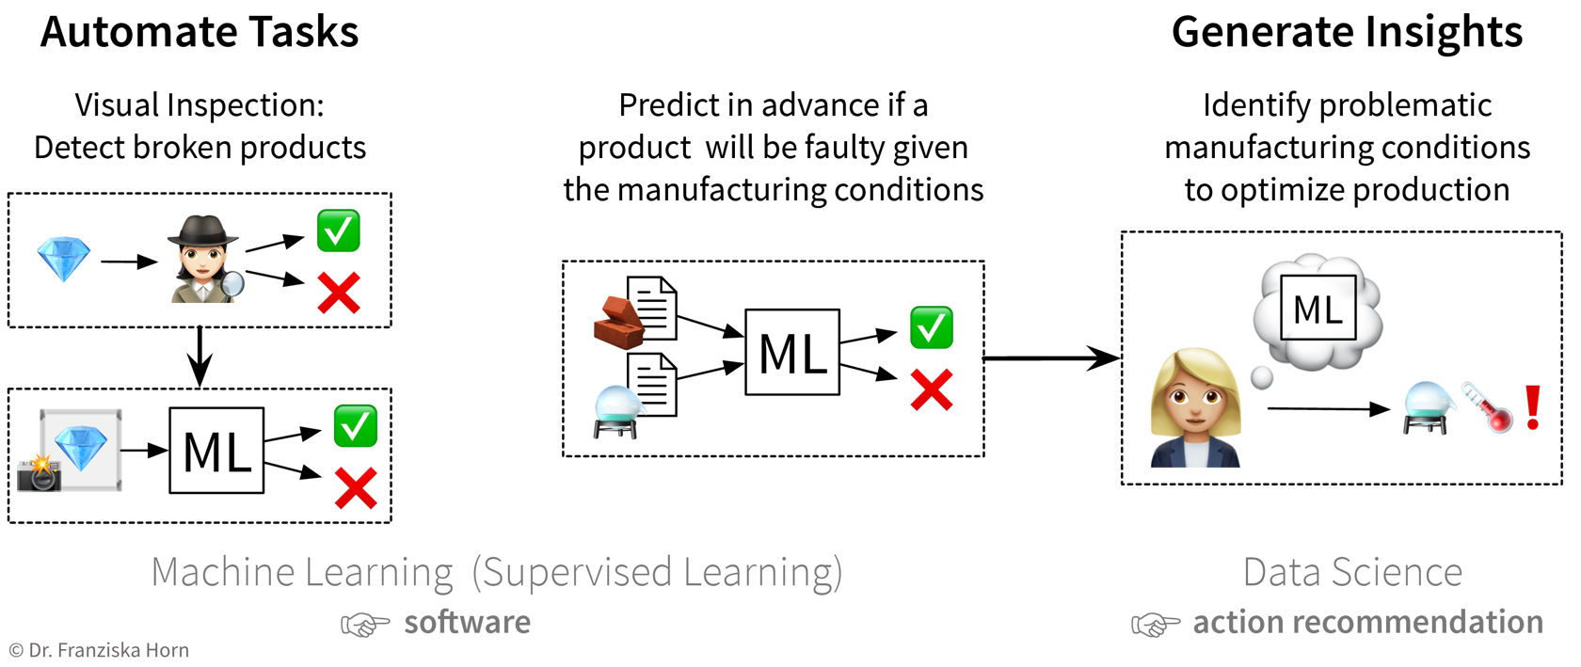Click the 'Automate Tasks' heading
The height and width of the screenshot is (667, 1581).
pos(200,32)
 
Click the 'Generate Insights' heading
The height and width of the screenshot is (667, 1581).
pos(1347,32)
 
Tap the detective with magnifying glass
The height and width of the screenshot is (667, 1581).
pos(204,260)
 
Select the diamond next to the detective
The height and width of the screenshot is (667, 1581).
pos(63,260)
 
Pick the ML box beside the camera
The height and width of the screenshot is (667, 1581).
pos(216,451)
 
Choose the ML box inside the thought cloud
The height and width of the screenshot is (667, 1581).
pos(1317,308)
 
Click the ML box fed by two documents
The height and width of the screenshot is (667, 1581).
pos(791,352)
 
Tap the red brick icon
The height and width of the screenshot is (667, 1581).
pos(618,323)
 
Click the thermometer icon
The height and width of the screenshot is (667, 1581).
pos(1487,406)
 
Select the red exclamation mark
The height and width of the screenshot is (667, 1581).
pos(1533,407)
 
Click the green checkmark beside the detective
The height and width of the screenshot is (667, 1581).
pos(339,230)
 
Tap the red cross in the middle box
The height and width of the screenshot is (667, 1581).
pos(932,389)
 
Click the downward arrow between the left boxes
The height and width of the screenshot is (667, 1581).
pos(200,357)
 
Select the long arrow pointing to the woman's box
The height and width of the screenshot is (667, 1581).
pos(1050,357)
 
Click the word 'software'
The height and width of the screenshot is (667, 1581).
pos(467,622)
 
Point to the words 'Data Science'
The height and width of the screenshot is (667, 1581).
pos(1352,572)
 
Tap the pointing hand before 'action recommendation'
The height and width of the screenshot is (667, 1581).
pos(1155,624)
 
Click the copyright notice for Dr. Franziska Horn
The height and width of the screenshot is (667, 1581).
pos(99,650)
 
